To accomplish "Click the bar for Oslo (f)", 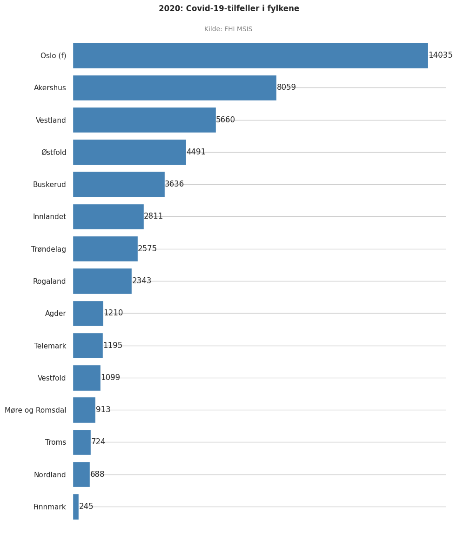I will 250,55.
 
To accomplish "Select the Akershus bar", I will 175,87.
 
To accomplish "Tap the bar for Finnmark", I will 76,507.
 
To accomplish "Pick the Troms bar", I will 82,442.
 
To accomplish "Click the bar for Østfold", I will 129,152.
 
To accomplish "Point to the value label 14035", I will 440,55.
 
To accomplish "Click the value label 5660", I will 225,120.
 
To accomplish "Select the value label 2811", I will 153,216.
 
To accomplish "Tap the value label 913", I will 103,410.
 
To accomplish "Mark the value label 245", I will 86,507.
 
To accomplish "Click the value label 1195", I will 113,346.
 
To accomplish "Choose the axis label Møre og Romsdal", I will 35,410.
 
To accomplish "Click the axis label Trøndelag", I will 48,249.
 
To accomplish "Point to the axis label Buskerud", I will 49,185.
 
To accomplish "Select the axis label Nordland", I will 50,475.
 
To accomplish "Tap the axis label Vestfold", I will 52,378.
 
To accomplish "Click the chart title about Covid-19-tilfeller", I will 228,9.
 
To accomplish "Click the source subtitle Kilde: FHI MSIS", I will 228,29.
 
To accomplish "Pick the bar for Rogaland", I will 102,281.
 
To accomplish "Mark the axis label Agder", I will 55,314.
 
